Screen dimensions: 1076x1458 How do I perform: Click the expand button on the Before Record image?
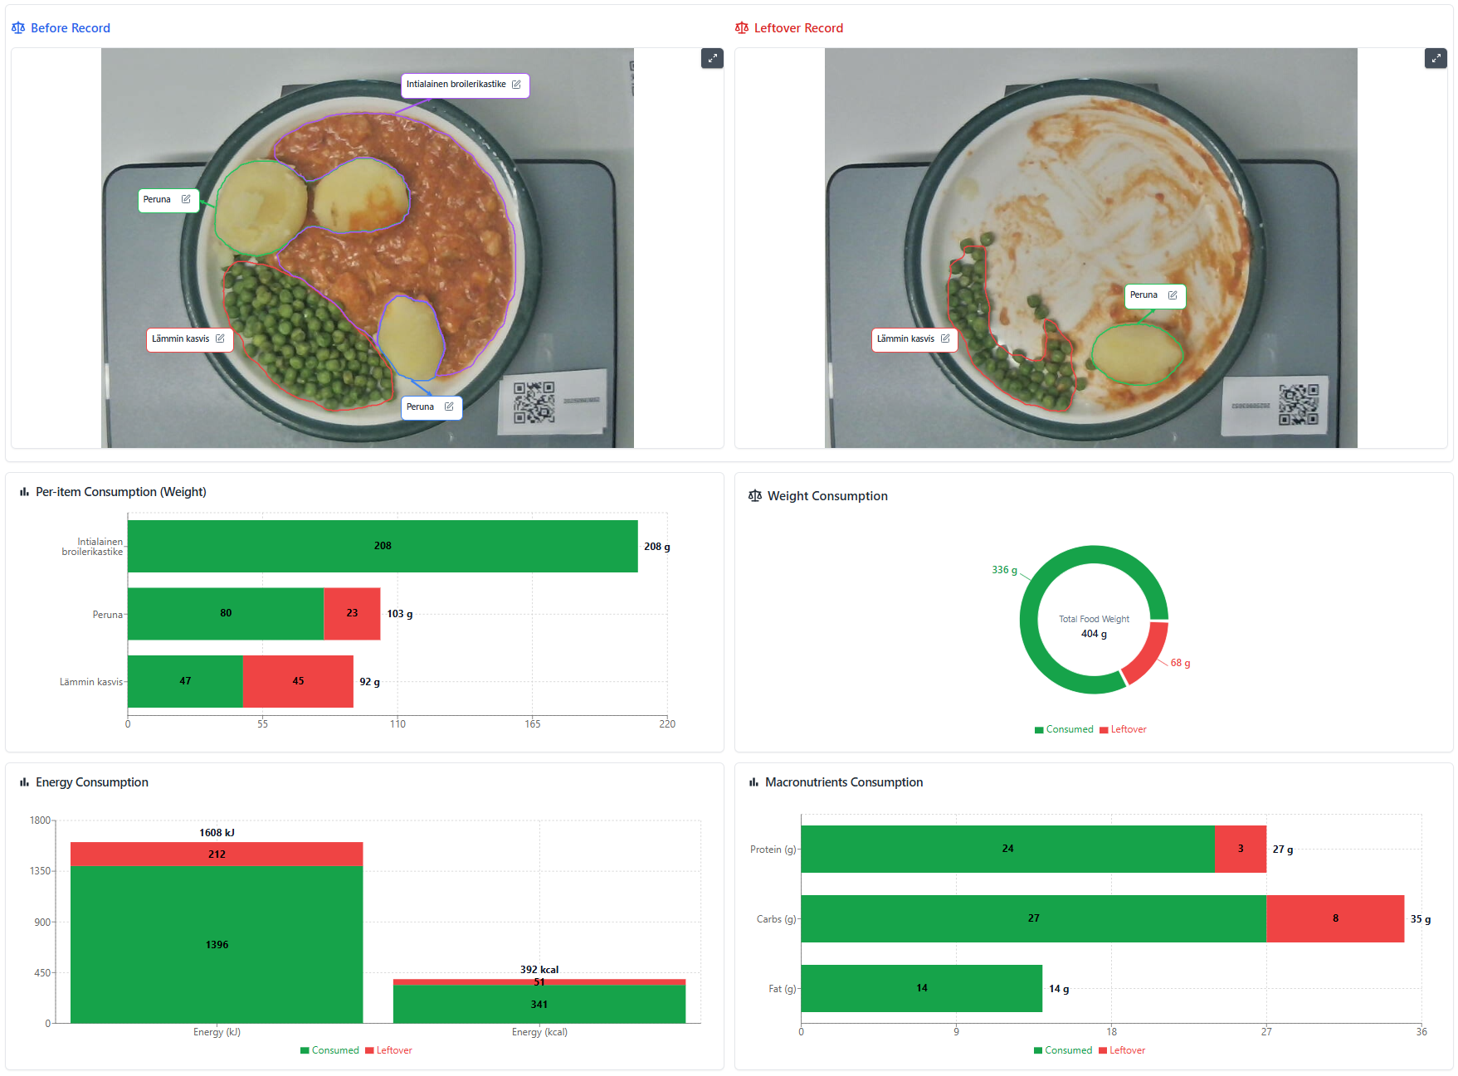[x=712, y=58]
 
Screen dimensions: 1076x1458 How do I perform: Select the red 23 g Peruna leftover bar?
[x=352, y=614]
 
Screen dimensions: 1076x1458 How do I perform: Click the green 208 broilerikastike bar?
[x=382, y=546]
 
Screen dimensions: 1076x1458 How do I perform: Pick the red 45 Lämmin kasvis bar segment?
[x=298, y=681]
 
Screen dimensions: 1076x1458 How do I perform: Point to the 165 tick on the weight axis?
[x=532, y=724]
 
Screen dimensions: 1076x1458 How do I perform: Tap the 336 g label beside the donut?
[x=1004, y=570]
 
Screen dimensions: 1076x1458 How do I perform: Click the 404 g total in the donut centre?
[x=1094, y=634]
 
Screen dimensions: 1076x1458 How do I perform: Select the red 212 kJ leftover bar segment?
[x=217, y=854]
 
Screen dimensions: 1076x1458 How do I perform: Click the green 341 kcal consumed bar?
[x=539, y=1005]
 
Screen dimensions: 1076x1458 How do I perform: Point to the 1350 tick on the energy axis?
[x=40, y=871]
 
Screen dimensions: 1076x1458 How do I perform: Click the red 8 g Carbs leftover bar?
[x=1334, y=918]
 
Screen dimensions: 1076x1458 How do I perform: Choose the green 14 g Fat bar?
[x=921, y=988]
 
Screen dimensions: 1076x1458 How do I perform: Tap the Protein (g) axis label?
[x=773, y=850]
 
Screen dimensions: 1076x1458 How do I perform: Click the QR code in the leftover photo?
[x=1298, y=404]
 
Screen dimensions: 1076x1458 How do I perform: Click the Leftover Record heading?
[x=797, y=28]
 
